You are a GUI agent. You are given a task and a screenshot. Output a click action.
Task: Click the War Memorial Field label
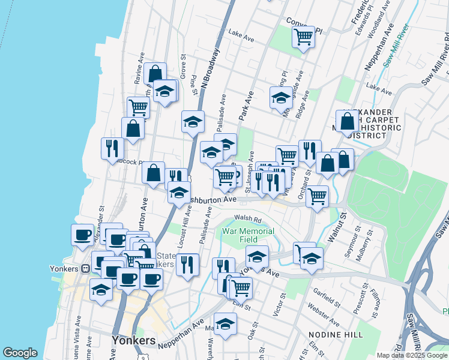pos(248,235)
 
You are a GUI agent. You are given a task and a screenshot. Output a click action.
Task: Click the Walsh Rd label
pos(248,218)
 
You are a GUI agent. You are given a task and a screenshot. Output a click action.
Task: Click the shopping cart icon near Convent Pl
pos(304,37)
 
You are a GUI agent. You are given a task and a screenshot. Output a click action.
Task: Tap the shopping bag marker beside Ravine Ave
pos(155,74)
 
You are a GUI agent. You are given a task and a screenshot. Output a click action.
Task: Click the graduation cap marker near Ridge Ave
pos(281,97)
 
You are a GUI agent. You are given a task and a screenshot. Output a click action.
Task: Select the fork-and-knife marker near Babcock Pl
pos(112,148)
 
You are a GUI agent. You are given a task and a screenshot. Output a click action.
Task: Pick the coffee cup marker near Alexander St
pos(83,235)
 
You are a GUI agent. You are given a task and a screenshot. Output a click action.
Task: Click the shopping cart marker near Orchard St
pos(317,196)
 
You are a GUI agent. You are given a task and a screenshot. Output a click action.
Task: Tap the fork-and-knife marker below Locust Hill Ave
pos(187,264)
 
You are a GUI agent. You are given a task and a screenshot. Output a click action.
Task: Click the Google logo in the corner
pos(20,353)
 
